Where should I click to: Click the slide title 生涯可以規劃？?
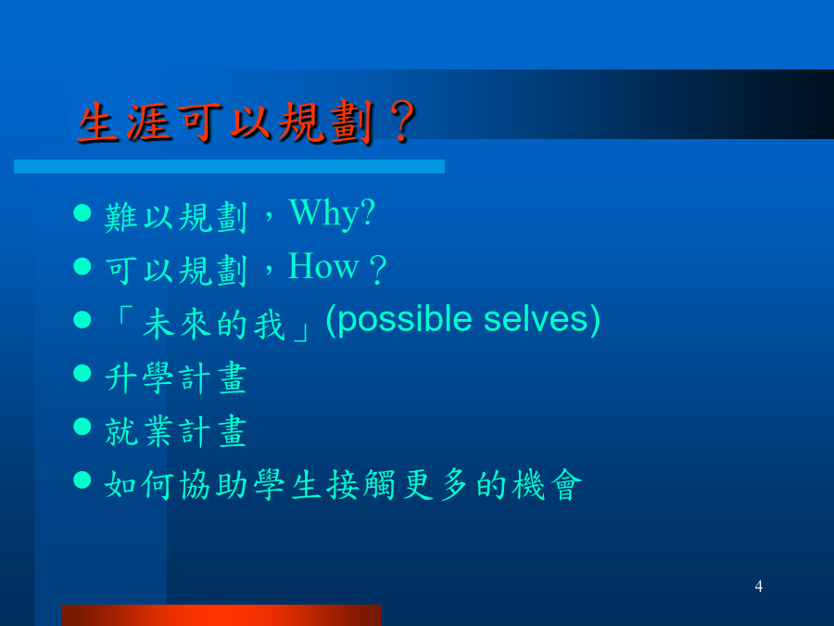[246, 123]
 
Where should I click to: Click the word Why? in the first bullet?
[333, 214]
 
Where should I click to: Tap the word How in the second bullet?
[323, 266]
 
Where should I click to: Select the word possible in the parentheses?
[404, 320]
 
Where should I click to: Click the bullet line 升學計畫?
[176, 378]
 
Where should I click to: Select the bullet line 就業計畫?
[176, 431]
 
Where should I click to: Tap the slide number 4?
[758, 586]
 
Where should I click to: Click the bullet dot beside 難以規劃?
[82, 212]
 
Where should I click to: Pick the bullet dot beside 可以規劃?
[82, 265]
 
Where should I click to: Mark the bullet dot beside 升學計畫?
[82, 373]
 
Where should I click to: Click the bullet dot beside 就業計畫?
[82, 426]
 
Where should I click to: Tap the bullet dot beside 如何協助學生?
[82, 479]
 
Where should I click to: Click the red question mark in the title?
[402, 123]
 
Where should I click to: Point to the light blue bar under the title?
[229, 167]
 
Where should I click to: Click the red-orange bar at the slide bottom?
[221, 616]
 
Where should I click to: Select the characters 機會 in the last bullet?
[548, 485]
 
